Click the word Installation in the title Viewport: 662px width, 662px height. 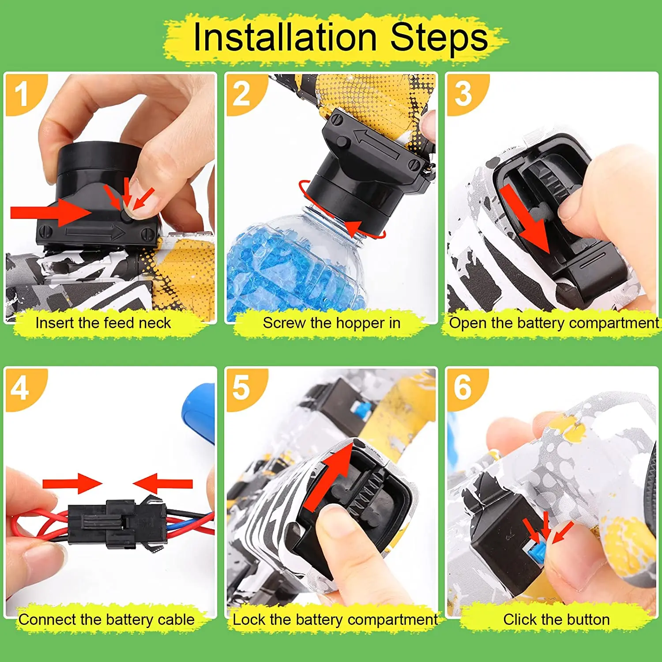pos(285,37)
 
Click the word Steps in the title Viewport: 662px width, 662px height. pos(439,37)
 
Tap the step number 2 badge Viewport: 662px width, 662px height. pos(241,94)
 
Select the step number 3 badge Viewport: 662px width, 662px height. pos(463,94)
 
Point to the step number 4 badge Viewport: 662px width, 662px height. pos(20,389)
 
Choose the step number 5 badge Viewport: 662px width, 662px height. pos(241,388)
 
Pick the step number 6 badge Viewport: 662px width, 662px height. pos(463,388)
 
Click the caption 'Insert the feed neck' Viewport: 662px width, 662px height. pos(103,323)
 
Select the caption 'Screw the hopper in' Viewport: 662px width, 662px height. pos(331,323)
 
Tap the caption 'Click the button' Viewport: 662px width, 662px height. pos(556,620)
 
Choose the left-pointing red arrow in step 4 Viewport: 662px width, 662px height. pos(163,484)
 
